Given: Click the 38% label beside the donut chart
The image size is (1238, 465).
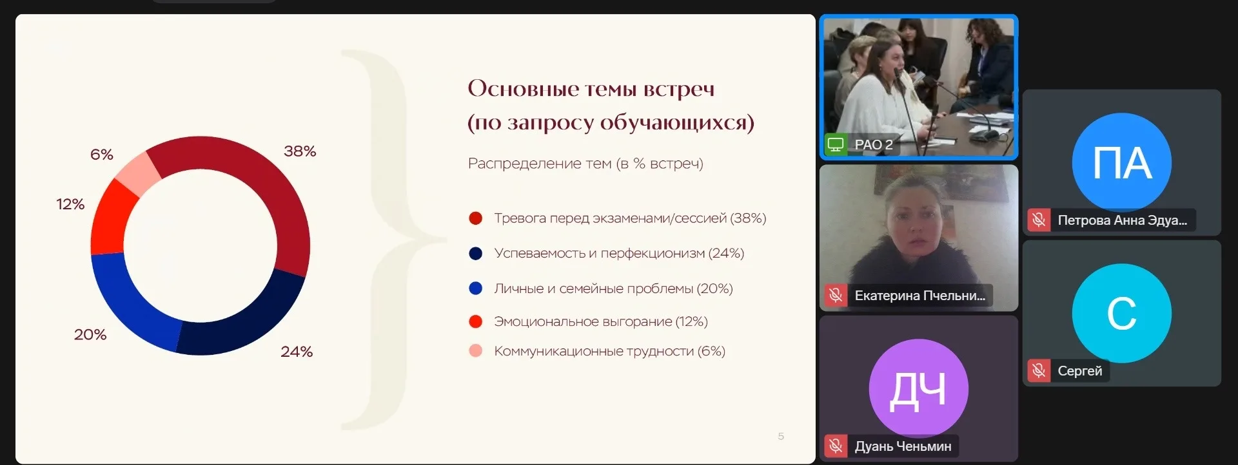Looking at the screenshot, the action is (x=300, y=151).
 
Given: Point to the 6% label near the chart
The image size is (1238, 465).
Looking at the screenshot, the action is (x=102, y=155).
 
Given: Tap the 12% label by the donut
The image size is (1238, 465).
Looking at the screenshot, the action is (x=70, y=204).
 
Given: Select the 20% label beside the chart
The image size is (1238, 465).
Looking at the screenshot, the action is (x=90, y=335).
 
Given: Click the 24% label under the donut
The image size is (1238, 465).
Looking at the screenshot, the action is (x=297, y=352).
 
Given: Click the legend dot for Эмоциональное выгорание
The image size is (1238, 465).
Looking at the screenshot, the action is (x=476, y=321).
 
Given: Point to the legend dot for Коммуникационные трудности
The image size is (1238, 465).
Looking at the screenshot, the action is (x=476, y=351).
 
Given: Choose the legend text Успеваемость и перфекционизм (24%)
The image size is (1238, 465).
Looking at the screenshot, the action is (x=619, y=254).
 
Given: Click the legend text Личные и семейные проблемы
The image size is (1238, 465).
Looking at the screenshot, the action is (x=593, y=289).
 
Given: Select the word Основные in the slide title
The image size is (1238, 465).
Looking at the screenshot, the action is (x=523, y=88).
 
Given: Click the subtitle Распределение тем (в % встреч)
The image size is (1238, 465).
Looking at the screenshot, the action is (x=585, y=164).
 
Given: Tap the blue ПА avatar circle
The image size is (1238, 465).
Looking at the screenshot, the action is (x=1122, y=162).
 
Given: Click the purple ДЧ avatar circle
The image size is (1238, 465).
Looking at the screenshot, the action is (x=919, y=388).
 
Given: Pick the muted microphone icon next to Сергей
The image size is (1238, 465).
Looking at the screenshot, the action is (x=1039, y=370).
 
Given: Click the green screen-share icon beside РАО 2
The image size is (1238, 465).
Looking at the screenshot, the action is (x=836, y=144).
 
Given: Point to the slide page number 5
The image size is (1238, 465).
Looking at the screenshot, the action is (x=781, y=436).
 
